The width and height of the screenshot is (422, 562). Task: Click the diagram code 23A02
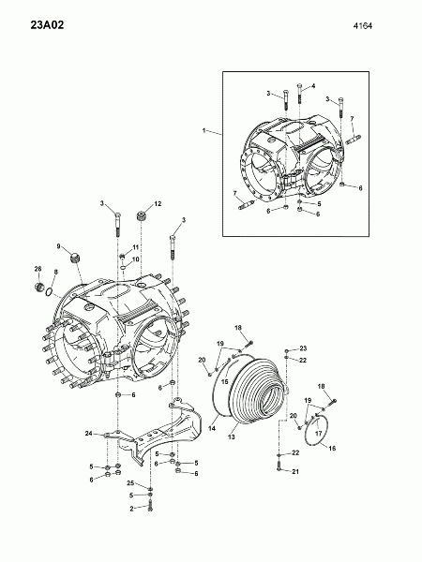[x=47, y=25]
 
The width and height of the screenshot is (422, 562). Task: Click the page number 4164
[x=363, y=26]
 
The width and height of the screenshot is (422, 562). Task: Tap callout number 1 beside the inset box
[x=204, y=131]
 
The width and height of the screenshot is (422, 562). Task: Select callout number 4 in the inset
[x=313, y=86]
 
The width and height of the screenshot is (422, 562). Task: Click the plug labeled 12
[x=142, y=217]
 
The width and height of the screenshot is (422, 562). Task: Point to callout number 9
[x=58, y=246]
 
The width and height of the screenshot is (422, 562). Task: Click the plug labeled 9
[x=75, y=259]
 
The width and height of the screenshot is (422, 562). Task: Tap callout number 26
[x=38, y=269]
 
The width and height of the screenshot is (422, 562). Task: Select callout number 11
[x=135, y=247]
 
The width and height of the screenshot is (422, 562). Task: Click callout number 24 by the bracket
[x=89, y=434]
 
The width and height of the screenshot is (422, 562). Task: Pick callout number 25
[x=130, y=483]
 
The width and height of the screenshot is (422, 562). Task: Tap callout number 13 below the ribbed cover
[x=232, y=436]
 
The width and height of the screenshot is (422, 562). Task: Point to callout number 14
[x=212, y=428]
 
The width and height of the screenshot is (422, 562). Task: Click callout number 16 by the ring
[x=332, y=448]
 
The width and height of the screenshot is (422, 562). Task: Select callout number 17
[x=319, y=434]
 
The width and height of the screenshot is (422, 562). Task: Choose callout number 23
[x=303, y=348]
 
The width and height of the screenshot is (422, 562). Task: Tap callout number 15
[x=225, y=382]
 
